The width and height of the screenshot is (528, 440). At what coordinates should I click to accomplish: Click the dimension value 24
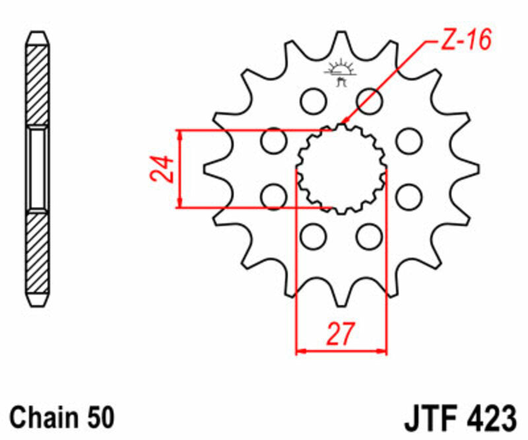[x=162, y=169]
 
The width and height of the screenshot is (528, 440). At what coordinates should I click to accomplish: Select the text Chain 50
[x=63, y=418]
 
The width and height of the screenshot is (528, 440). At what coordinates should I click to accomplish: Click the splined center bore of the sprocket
[x=341, y=168]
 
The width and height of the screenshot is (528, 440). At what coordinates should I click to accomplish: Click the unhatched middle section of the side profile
[x=37, y=168]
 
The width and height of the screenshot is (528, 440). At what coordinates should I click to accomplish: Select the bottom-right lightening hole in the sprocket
[x=368, y=236]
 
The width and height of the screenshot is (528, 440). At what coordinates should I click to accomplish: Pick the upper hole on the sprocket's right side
[x=409, y=140]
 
